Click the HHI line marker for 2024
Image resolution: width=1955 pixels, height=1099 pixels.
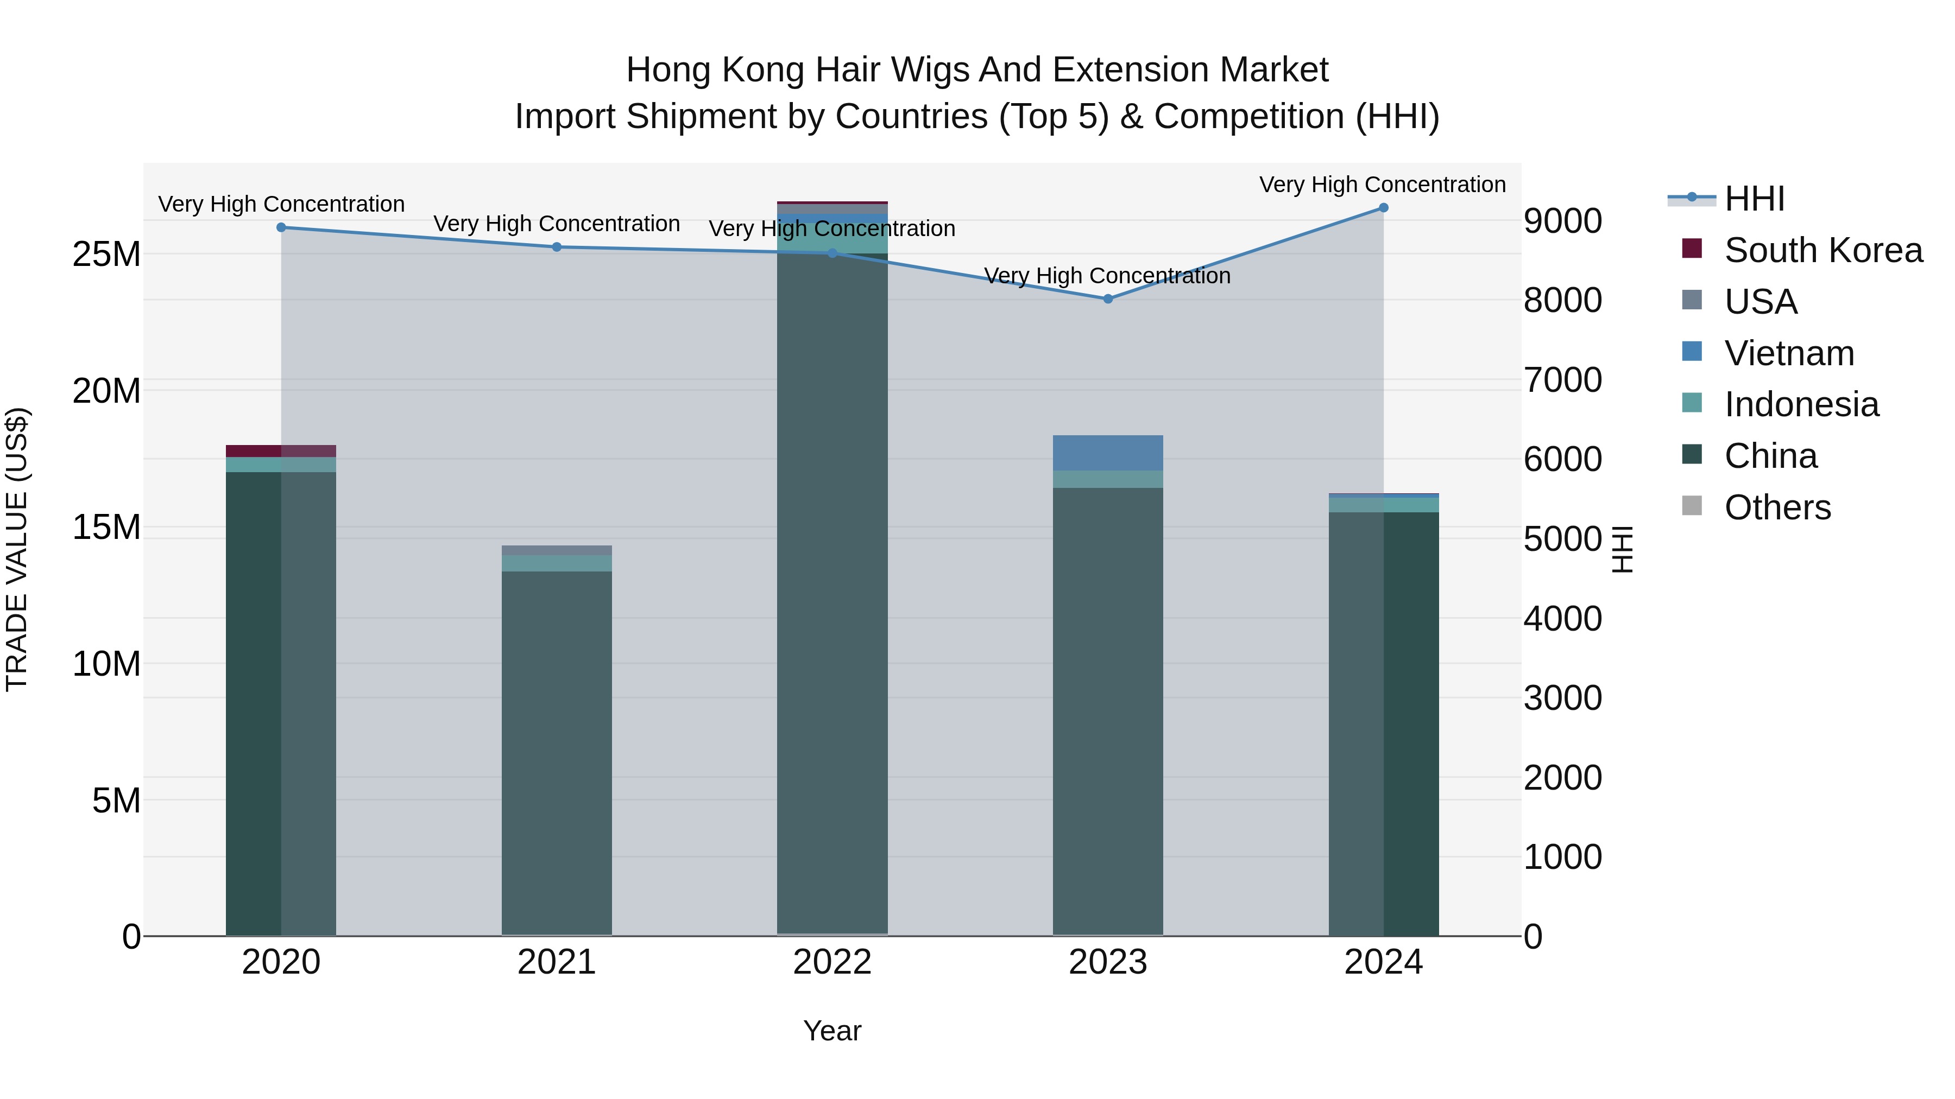1383,208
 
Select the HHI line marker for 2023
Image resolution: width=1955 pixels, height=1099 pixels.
1107,299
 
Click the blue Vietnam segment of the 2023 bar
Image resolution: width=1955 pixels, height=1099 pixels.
1107,453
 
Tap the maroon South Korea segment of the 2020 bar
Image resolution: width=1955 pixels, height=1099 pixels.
281,450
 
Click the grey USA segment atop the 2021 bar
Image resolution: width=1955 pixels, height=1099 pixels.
556,550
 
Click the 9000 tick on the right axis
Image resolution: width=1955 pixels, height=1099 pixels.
1562,221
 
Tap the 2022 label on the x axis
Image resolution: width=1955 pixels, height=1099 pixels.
832,962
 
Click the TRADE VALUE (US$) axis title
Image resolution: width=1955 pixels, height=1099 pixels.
17,549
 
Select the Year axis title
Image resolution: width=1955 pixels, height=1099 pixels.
832,1031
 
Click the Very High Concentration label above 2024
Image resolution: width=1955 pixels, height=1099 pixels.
1382,185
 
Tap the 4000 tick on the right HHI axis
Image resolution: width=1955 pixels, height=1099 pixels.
1562,619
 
